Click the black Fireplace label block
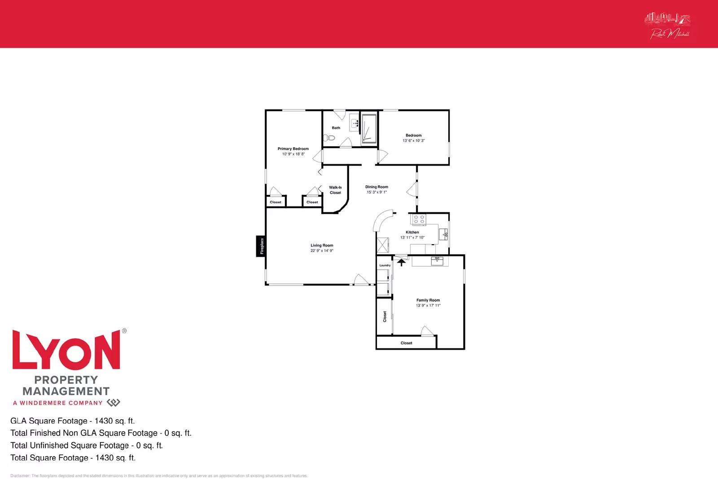click(x=261, y=246)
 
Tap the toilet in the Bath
click(x=331, y=137)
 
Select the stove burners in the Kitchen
click(x=419, y=220)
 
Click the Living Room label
click(x=322, y=246)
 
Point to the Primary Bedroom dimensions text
click(x=293, y=154)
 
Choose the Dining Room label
click(x=377, y=187)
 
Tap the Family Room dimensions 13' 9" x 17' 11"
click(x=428, y=306)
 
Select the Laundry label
click(x=385, y=265)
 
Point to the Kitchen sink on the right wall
click(x=443, y=233)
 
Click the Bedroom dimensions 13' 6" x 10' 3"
click(x=413, y=141)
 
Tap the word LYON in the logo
click(x=66, y=351)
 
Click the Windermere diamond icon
click(x=114, y=403)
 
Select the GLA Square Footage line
click(x=73, y=421)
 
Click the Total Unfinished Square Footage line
click(x=87, y=445)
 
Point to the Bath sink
click(x=354, y=122)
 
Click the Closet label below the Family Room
click(x=406, y=343)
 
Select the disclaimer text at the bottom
click(x=159, y=476)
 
